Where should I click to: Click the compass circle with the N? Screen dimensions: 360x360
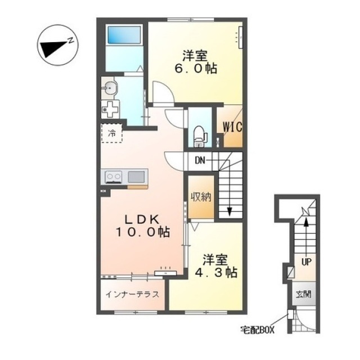(x=58, y=45)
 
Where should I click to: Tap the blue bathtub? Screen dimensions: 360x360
(x=124, y=35)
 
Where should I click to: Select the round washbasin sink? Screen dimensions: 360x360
(x=111, y=88)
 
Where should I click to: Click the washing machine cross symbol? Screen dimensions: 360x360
(x=110, y=109)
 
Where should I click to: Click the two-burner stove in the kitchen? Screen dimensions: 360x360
(x=113, y=177)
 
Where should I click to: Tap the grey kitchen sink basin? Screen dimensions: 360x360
(x=136, y=177)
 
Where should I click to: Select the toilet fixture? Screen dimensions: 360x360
(x=199, y=136)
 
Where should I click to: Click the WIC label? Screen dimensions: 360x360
(x=232, y=127)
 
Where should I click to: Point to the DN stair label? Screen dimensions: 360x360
(x=200, y=160)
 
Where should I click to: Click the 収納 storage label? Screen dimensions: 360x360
(x=201, y=197)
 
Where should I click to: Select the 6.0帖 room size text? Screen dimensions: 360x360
(x=196, y=69)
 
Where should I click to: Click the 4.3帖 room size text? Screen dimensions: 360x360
(x=216, y=273)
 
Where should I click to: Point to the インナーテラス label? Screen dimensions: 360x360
(x=132, y=294)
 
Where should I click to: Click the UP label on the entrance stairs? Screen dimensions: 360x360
(x=306, y=262)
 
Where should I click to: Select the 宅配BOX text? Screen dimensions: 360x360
(x=258, y=330)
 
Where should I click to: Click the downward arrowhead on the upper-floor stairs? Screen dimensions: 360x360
(x=229, y=211)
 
